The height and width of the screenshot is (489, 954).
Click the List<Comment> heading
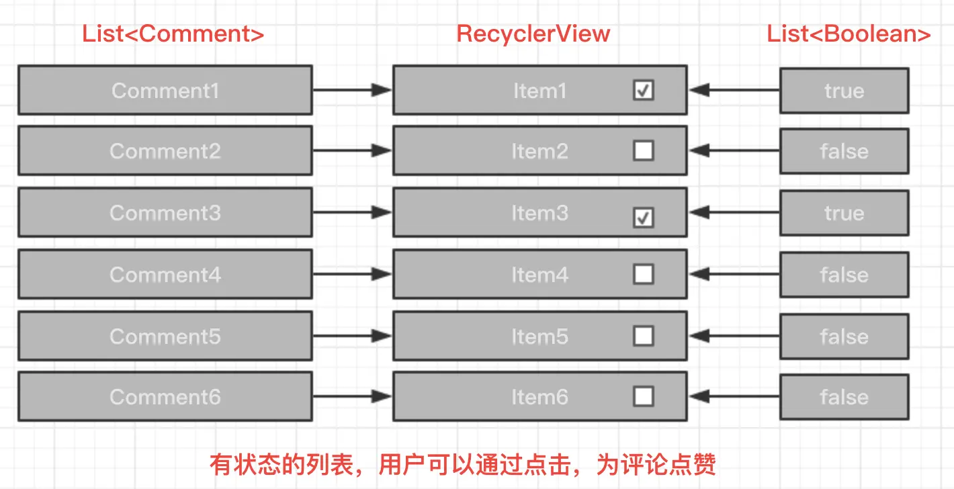click(x=173, y=34)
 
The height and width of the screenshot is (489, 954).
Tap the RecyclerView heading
click(x=533, y=34)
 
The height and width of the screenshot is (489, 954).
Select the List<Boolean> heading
click(x=849, y=34)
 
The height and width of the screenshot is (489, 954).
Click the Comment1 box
click(x=165, y=90)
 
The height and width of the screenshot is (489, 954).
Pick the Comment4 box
click(x=165, y=274)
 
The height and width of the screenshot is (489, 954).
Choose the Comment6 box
click(x=165, y=396)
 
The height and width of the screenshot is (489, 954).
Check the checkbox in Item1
click(x=643, y=90)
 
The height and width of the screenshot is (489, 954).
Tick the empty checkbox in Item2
click(x=643, y=150)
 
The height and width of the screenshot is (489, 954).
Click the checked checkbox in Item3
click(x=643, y=218)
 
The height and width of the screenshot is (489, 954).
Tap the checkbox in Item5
click(x=643, y=336)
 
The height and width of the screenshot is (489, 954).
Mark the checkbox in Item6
click(x=643, y=396)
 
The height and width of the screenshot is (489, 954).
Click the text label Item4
click(x=539, y=275)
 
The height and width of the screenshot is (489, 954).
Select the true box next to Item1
click(x=844, y=91)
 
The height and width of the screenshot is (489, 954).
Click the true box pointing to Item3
click(x=844, y=213)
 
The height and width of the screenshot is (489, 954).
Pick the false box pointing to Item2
click(x=844, y=151)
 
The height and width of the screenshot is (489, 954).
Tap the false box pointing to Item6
click(x=844, y=397)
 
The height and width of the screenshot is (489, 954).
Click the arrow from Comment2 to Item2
click(x=352, y=150)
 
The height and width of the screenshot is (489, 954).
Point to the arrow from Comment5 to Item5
click(x=352, y=336)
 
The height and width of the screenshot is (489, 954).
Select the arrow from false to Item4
click(x=734, y=274)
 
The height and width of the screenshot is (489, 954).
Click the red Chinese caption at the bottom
click(x=462, y=464)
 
